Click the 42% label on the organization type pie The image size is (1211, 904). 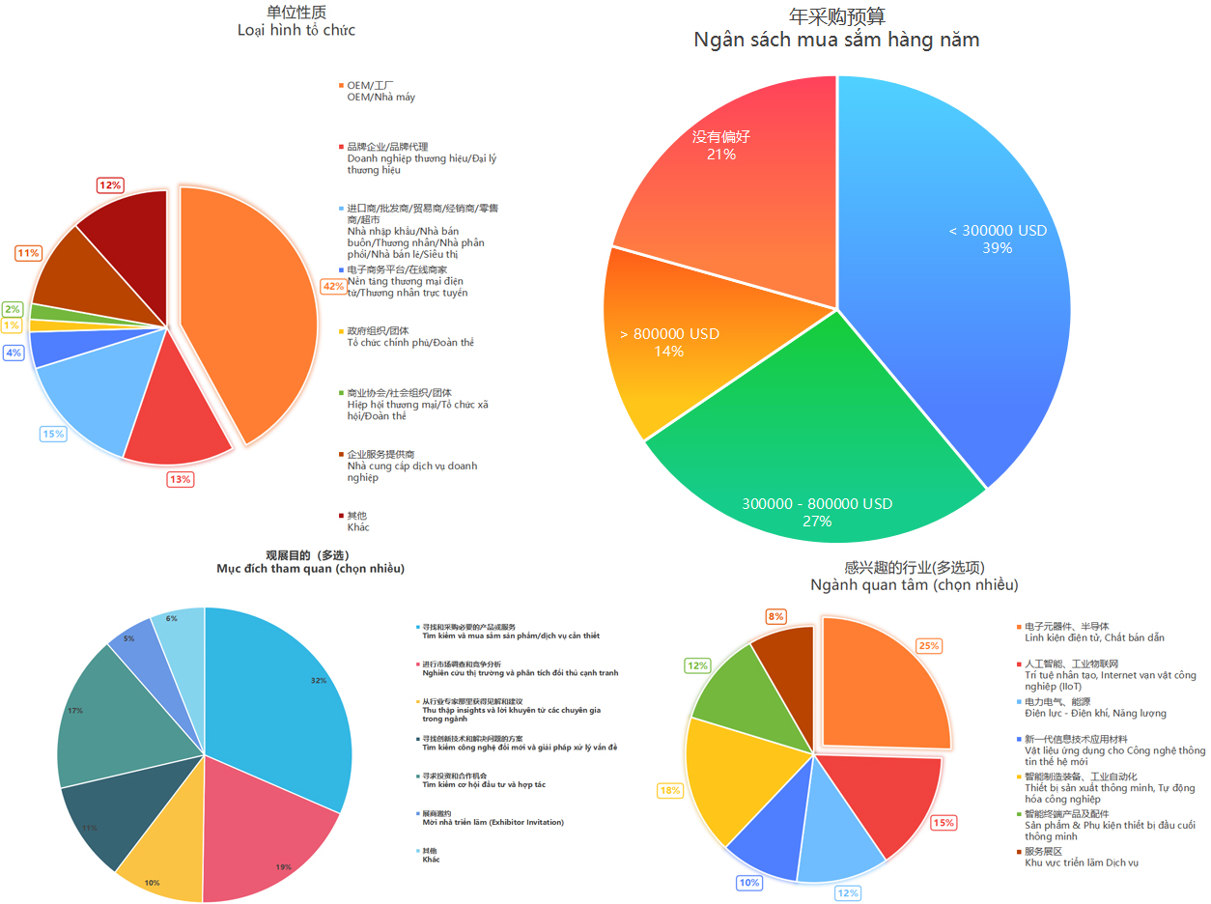coord(333,286)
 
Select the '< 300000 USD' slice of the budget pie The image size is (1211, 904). coord(966,270)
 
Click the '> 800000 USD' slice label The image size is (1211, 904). coord(669,343)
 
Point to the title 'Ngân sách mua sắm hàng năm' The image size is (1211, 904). coord(836,40)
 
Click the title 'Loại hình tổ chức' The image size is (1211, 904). coord(296,30)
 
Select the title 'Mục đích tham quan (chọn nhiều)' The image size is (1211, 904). coord(310,569)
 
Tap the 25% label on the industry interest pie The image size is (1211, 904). coord(929,645)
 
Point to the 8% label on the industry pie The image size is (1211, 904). coord(776,616)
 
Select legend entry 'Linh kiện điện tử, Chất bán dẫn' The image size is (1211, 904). coord(1094,638)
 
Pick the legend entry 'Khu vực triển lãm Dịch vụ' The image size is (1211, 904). coord(1081,862)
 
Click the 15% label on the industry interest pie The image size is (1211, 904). coord(943,823)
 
